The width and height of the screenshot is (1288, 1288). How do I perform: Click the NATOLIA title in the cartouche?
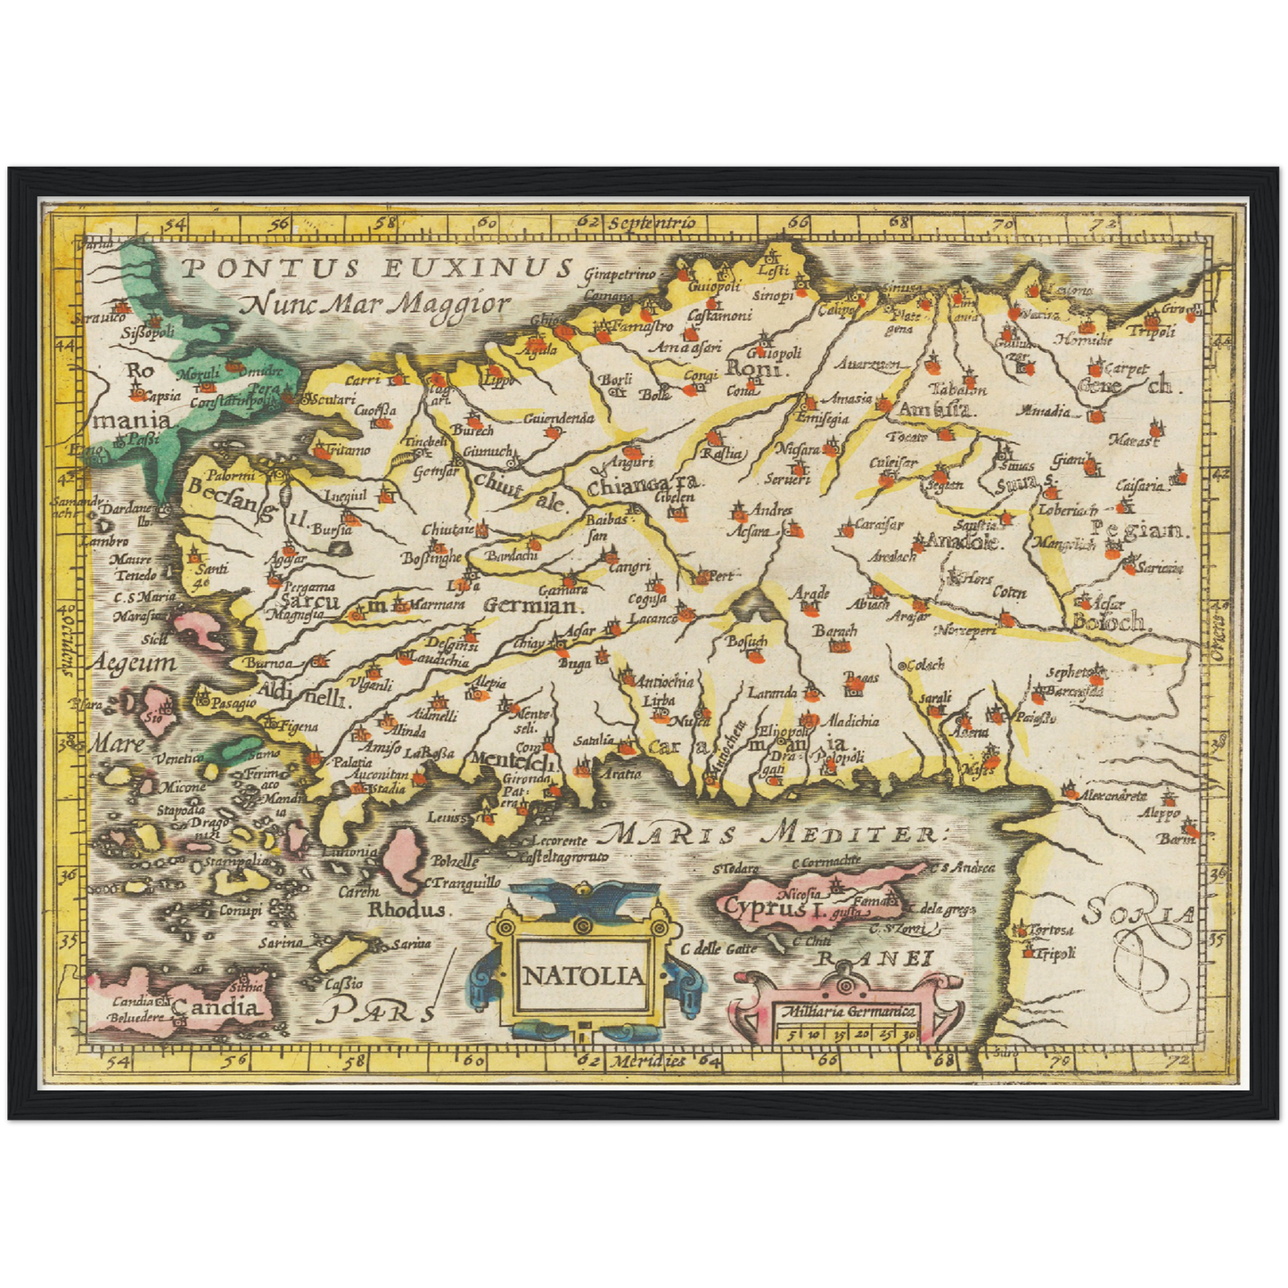coord(582,975)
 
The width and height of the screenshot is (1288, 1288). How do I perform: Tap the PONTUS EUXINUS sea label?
coord(374,267)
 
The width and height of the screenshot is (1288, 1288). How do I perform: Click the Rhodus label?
coord(406,910)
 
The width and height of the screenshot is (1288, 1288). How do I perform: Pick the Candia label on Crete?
coord(218,1007)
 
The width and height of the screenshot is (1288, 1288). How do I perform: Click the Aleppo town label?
coord(1158,813)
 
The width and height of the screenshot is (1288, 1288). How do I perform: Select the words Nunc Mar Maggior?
coord(374,305)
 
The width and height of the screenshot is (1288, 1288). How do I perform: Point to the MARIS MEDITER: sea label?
coord(770,834)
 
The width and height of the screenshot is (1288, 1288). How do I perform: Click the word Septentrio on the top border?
coord(653,222)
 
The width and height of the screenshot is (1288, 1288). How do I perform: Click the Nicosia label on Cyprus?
coord(799,892)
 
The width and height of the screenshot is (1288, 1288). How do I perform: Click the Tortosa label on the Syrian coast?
coord(1052,930)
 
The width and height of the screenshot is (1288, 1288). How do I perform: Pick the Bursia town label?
coord(332,529)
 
